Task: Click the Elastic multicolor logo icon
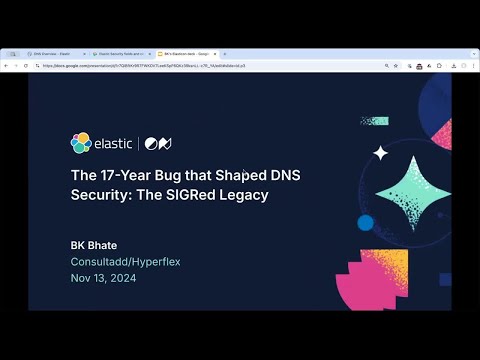click(81, 143)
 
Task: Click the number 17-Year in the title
click(125, 174)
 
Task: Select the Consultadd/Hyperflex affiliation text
click(125, 261)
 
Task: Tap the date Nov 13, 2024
click(103, 278)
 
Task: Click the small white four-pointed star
click(380, 153)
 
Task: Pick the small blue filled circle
click(365, 223)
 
